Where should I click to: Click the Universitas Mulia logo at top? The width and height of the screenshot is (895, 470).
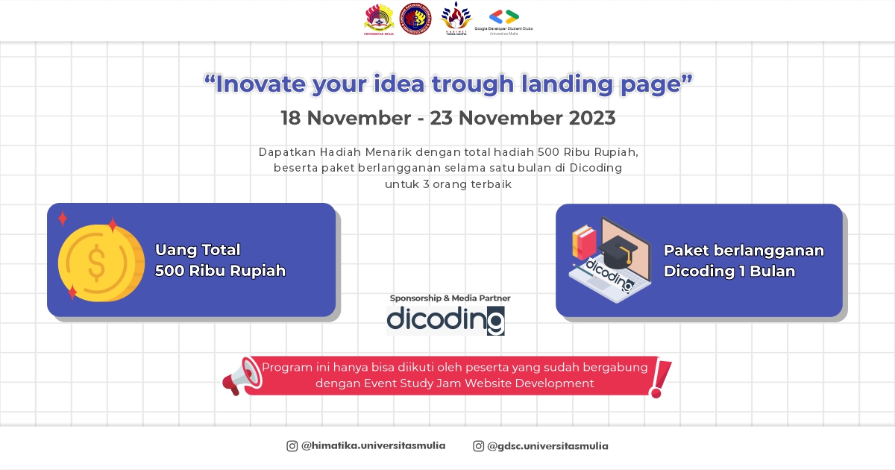(379, 19)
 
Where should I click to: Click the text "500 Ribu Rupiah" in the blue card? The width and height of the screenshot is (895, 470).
(220, 271)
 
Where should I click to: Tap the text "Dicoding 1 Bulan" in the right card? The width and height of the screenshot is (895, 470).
(729, 272)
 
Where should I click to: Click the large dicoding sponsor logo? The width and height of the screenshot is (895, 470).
(445, 320)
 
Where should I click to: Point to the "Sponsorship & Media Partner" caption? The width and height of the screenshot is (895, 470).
(450, 298)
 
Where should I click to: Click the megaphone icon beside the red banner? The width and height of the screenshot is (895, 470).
(241, 377)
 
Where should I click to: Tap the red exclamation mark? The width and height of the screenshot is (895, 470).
(661, 378)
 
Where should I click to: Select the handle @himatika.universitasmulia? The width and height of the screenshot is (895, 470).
(373, 446)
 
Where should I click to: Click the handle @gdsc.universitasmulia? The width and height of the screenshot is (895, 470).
(547, 446)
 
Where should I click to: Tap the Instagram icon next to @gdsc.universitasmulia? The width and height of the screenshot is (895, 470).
(479, 446)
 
